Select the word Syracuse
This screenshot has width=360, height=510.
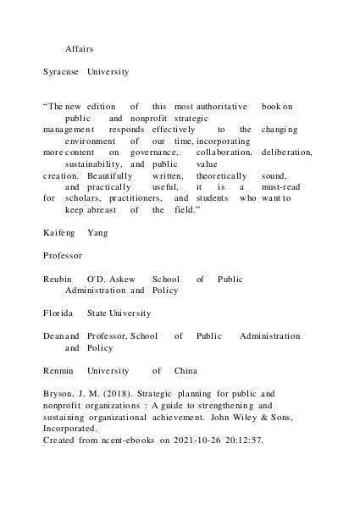click(x=61, y=73)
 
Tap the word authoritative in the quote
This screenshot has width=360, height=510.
click(x=222, y=107)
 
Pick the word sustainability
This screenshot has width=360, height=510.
click(x=94, y=164)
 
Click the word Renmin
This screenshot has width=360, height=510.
click(x=58, y=370)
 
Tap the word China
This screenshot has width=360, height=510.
click(x=186, y=370)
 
